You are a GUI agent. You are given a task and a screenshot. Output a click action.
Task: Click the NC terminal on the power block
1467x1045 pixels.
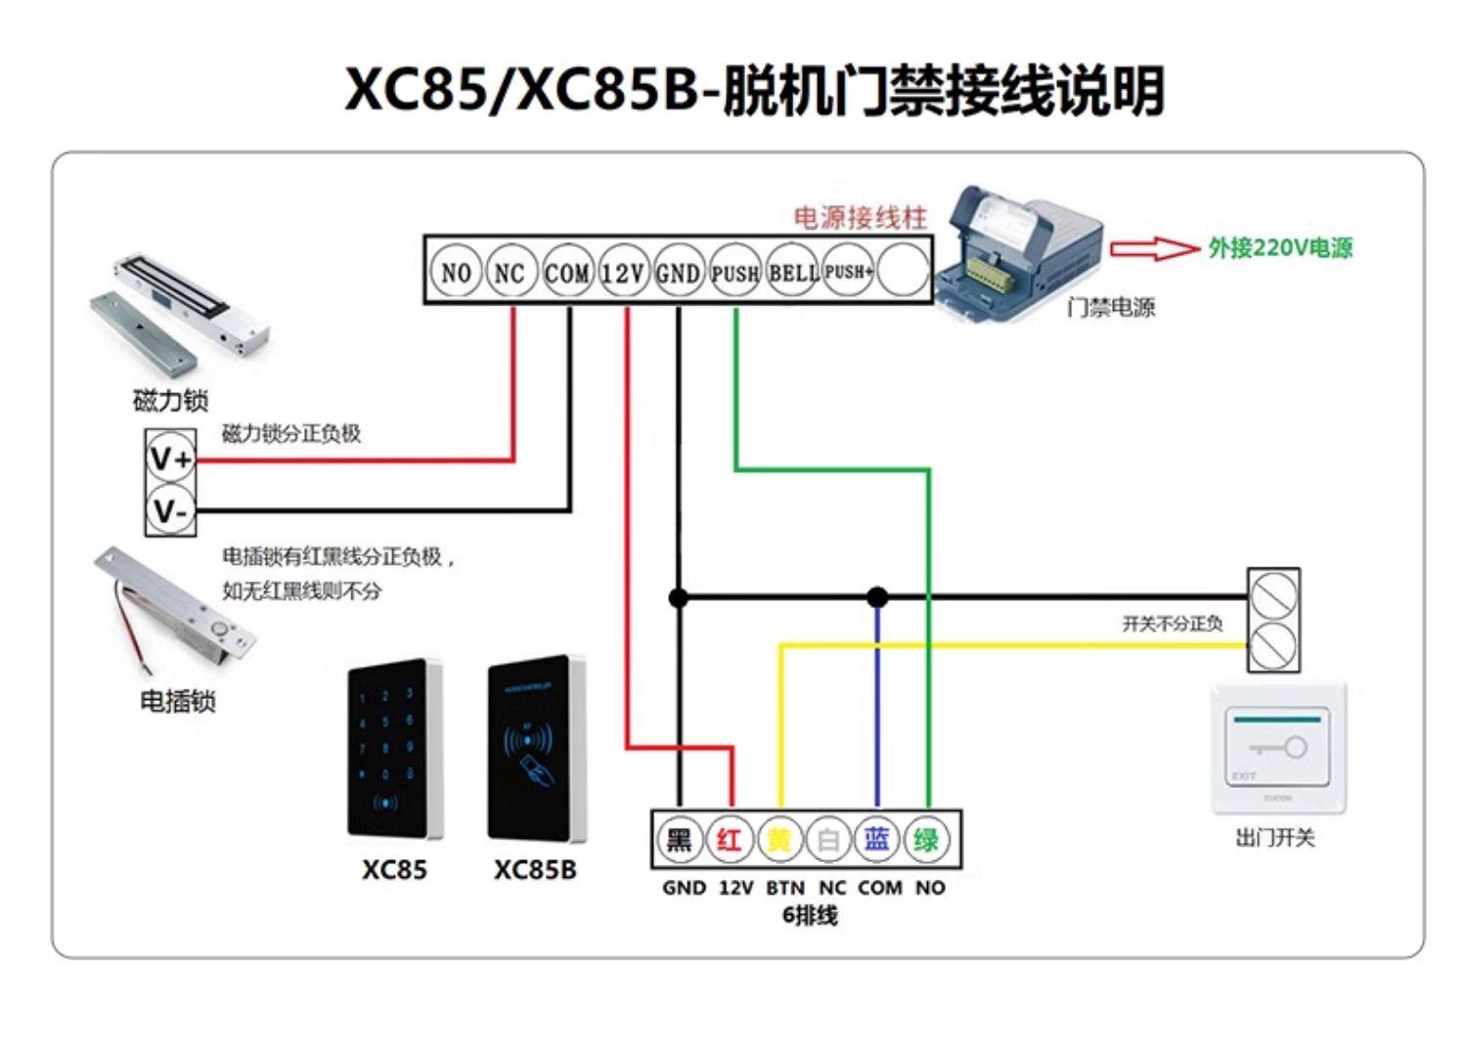(x=511, y=273)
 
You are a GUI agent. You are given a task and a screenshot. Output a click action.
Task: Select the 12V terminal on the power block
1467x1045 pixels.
(x=623, y=273)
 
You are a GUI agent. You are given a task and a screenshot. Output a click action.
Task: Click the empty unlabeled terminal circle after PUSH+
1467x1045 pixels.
(x=903, y=271)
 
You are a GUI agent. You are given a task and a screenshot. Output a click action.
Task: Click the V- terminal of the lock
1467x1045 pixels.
(x=171, y=510)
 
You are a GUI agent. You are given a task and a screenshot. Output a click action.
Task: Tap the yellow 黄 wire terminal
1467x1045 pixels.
(x=778, y=840)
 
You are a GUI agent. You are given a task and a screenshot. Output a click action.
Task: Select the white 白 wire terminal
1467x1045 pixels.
(x=828, y=840)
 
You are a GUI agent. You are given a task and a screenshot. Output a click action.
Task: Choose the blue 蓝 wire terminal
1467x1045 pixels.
(x=877, y=840)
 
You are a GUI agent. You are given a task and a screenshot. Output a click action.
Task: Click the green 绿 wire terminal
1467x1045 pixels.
(x=926, y=840)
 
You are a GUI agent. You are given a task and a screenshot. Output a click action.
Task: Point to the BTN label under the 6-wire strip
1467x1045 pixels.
(x=784, y=888)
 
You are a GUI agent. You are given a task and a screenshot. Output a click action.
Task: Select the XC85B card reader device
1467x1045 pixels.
(x=536, y=750)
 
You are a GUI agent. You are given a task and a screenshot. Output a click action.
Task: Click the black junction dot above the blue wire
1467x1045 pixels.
(x=877, y=596)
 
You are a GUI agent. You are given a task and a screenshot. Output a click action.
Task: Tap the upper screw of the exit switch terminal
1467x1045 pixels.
(x=1273, y=593)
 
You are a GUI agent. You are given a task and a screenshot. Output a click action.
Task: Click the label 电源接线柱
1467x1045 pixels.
(x=860, y=217)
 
